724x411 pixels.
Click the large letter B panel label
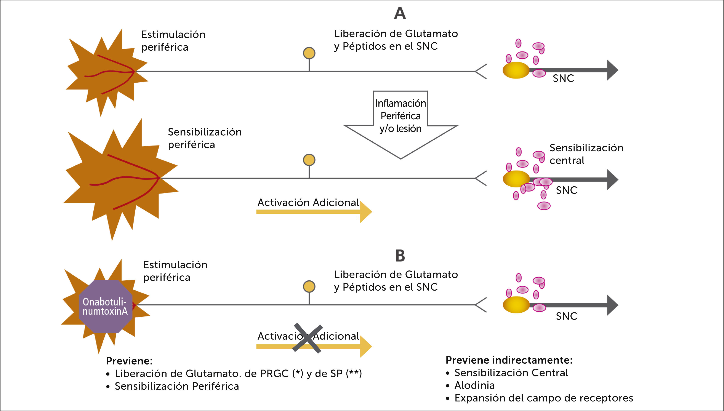point(400,256)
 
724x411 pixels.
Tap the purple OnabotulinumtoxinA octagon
point(105,307)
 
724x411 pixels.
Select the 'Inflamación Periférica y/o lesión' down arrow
point(400,124)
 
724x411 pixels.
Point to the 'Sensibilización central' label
point(586,154)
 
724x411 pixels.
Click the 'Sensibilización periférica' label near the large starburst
point(204,138)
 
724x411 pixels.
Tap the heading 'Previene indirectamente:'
point(509,360)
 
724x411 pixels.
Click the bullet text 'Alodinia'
point(474,385)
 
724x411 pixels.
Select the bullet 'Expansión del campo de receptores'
point(543,398)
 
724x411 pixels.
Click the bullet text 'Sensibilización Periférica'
point(177,386)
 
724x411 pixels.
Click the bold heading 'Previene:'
point(129,361)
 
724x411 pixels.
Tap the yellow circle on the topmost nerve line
point(309,53)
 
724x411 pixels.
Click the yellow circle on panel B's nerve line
point(309,286)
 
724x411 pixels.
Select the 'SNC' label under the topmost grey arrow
point(563,78)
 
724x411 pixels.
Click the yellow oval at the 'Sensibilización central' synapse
point(516,179)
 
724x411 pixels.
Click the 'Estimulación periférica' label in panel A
point(173,41)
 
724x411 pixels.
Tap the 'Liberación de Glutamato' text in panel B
point(396,274)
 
